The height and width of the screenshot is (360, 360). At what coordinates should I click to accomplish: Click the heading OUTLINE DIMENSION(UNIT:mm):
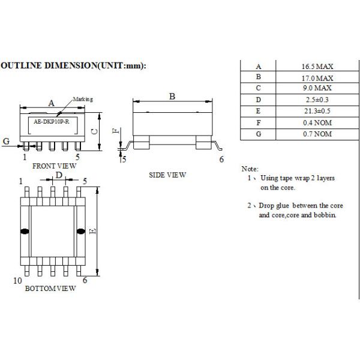coord(73,66)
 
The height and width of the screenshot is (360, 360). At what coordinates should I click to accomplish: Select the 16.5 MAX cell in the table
coord(317,67)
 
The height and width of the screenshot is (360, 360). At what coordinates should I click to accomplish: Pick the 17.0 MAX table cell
coord(317,77)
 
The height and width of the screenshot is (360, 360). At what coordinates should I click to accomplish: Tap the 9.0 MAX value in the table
coord(317,89)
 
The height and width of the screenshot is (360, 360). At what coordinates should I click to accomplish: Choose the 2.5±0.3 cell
coord(317,100)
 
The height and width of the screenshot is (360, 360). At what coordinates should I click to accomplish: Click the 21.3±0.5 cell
coord(317,112)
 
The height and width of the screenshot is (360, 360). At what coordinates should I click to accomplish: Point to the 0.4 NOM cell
coord(317,122)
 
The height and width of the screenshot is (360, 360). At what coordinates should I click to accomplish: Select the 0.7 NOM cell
coord(317,134)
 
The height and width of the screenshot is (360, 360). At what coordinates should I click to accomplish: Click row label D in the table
coord(259,100)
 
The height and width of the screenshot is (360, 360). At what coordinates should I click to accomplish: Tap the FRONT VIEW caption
coord(54,165)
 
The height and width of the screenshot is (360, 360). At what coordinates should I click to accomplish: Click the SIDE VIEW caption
coord(167,175)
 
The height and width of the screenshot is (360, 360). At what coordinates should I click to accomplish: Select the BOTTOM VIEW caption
coord(50,289)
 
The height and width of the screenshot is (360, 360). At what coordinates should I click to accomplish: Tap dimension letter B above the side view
coord(172,96)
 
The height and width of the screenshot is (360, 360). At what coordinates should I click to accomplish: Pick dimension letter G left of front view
coord(6,141)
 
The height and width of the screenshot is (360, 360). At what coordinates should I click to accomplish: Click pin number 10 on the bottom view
coord(17,280)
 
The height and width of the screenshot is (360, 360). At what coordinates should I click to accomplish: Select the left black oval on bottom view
coord(25,231)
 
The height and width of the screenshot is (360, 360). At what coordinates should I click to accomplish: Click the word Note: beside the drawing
coord(249,169)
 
